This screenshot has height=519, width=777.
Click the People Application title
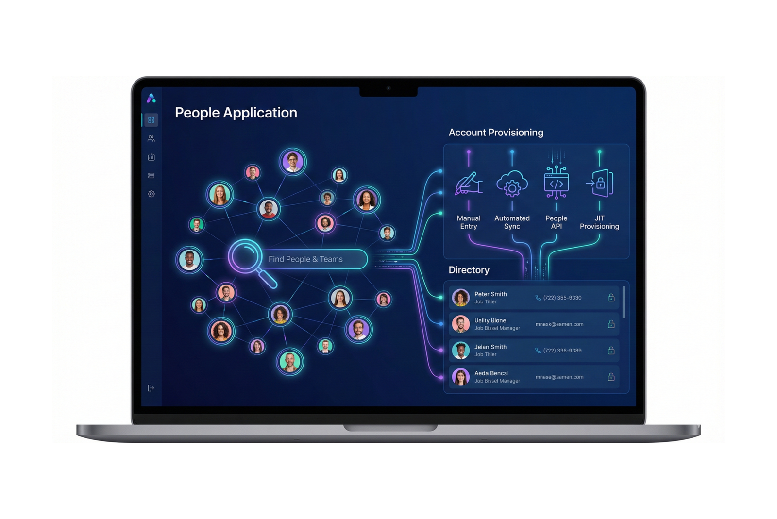pyautogui.click(x=236, y=113)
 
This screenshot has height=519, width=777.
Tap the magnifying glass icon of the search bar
pyautogui.click(x=246, y=256)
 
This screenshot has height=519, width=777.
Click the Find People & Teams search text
pyautogui.click(x=305, y=259)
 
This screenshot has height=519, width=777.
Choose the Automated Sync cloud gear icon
pyautogui.click(x=512, y=184)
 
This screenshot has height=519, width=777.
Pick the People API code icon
pyautogui.click(x=556, y=183)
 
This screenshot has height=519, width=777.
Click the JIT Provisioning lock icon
pyautogui.click(x=600, y=183)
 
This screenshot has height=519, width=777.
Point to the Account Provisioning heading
pyautogui.click(x=495, y=133)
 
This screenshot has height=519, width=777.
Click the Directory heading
pyautogui.click(x=469, y=270)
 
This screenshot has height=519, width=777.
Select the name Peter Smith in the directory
pyautogui.click(x=490, y=294)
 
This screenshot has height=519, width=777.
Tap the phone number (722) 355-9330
pyautogui.click(x=562, y=298)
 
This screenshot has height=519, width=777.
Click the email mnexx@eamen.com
pyautogui.click(x=559, y=324)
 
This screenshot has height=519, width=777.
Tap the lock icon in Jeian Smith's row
pyautogui.click(x=611, y=351)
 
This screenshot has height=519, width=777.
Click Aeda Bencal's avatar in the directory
pyautogui.click(x=460, y=377)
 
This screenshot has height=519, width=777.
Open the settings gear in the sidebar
pyautogui.click(x=151, y=194)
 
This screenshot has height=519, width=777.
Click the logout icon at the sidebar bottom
pyautogui.click(x=151, y=388)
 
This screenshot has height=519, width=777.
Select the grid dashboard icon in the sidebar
pyautogui.click(x=151, y=120)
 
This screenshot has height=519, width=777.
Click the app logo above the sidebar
pyautogui.click(x=151, y=98)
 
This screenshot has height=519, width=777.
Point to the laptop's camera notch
pyautogui.click(x=388, y=90)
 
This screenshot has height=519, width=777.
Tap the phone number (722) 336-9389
pyautogui.click(x=562, y=351)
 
